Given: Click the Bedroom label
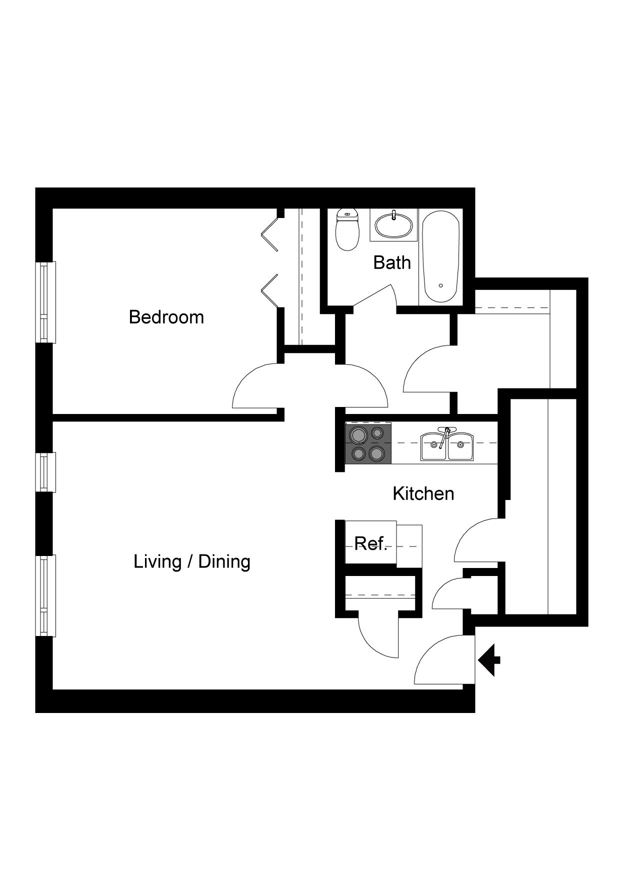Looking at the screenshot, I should pos(166,317).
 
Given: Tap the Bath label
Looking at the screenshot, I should pos(392,262).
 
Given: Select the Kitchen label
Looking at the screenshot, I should pos(423,493).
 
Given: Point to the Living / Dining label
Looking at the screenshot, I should pos(192,561).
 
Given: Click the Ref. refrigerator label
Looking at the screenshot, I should pos(370,543).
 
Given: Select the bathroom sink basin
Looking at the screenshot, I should pos(394,226).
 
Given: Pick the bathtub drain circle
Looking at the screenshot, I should pos(440,285).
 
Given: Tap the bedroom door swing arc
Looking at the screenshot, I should pos(255,387).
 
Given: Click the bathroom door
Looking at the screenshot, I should pos(372,297).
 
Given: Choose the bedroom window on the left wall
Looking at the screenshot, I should pos(45,302).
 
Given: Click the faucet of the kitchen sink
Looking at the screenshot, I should pos(446,431).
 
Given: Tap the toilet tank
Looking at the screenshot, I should pos(347,215).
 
